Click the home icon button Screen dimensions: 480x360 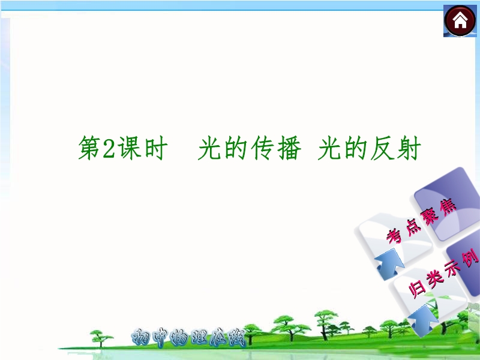(460, 21)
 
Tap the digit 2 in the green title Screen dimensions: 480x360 (109, 148)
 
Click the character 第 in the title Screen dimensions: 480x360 (89, 148)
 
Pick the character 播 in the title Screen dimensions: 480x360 (289, 148)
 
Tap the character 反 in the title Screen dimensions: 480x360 (382, 148)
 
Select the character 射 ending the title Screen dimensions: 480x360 (409, 148)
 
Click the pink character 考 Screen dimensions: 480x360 (394, 236)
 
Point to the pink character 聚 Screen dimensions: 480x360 (430, 217)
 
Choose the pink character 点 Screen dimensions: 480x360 (412, 227)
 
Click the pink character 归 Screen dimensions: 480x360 (417, 289)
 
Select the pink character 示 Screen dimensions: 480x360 (452, 267)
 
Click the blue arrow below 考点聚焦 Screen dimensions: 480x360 (389, 265)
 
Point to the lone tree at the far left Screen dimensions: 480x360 (101, 338)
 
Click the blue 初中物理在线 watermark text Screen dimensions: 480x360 (188, 337)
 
